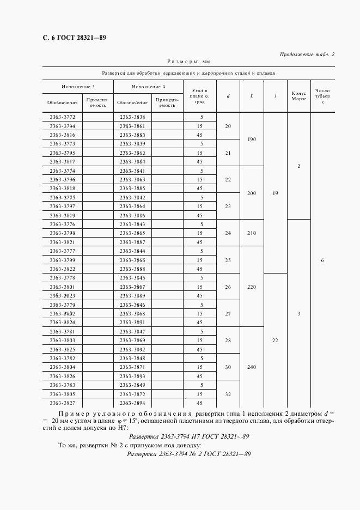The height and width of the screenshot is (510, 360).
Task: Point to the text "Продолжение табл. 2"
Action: tap(307, 54)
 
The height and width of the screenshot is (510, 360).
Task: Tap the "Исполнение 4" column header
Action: tap(148, 87)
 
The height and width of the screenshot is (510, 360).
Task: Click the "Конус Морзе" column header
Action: tap(298, 95)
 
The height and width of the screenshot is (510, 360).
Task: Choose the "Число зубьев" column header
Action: tap(322, 95)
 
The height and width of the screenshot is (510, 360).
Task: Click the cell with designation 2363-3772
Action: tap(62, 117)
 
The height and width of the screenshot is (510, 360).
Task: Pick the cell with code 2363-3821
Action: tap(62, 242)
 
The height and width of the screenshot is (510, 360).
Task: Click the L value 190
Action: tap(251, 139)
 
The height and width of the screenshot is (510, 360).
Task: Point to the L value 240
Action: tap(251, 367)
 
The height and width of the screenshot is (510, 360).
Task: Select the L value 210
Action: tap(251, 233)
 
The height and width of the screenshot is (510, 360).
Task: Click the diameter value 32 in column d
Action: tap(228, 394)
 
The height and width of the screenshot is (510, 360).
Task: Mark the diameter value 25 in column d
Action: tap(228, 260)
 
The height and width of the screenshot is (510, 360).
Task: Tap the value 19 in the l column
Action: tap(276, 193)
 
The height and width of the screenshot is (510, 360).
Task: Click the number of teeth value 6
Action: tap(322, 260)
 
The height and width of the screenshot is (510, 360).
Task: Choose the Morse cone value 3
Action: tap(298, 314)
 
